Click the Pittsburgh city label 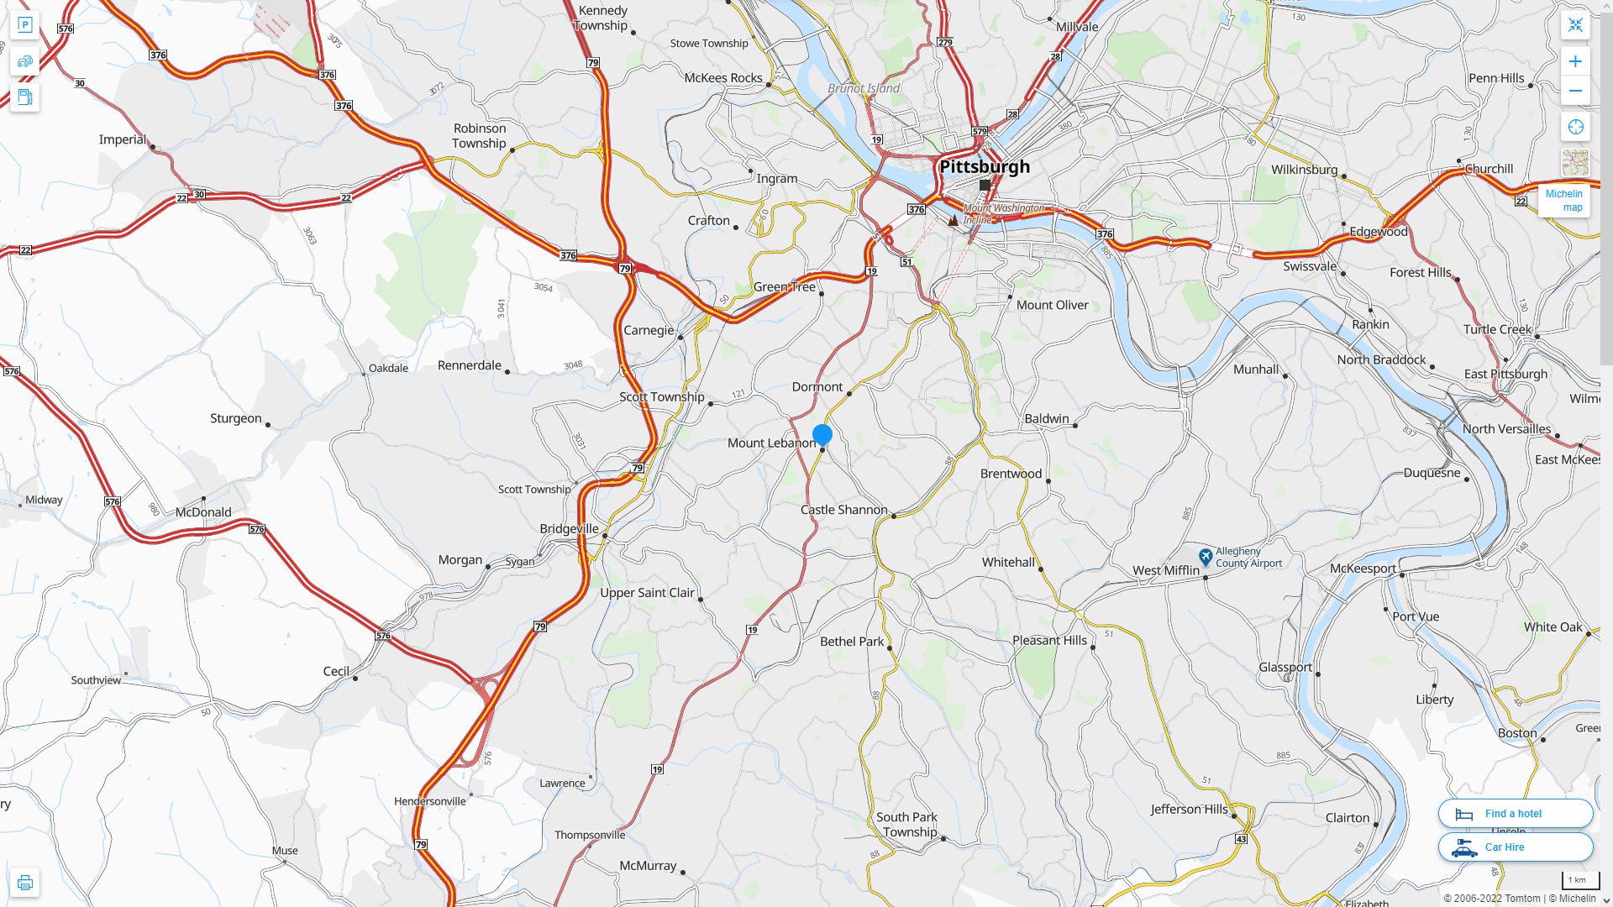coord(984,166)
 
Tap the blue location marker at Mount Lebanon coord(822,435)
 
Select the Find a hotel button coord(1515,813)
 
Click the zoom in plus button coord(1575,61)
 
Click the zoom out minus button coord(1575,91)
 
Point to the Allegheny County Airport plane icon coord(1206,556)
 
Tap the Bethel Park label coord(852,642)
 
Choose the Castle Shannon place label coord(843,510)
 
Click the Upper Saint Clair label coord(647,593)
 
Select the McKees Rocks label coord(722,78)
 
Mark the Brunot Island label coord(863,88)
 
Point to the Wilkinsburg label coord(1304,170)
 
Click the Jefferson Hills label coord(1189,810)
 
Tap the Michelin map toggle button coord(1564,200)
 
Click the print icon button coord(24,883)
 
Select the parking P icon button coord(24,25)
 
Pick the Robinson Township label coord(479,136)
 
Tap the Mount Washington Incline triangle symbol coord(953,220)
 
